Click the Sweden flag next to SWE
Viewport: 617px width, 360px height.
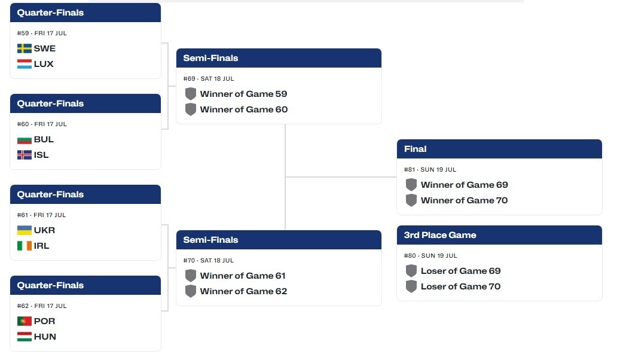click(x=25, y=48)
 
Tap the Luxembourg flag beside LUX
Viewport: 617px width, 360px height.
click(x=25, y=64)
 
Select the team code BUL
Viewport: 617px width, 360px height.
click(x=44, y=139)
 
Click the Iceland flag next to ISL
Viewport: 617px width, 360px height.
click(x=25, y=155)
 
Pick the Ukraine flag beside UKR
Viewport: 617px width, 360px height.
click(x=25, y=230)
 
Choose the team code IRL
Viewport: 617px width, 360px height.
click(x=41, y=246)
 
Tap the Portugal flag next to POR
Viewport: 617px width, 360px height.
click(x=25, y=321)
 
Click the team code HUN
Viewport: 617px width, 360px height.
click(x=45, y=337)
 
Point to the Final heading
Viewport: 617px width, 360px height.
click(x=415, y=149)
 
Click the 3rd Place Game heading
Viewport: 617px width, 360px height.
click(x=440, y=235)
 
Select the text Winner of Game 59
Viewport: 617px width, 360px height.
click(x=243, y=94)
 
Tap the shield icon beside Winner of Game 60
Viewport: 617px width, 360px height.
click(x=191, y=109)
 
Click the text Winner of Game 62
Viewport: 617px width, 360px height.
click(x=243, y=292)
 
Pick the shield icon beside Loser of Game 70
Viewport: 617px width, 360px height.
click(x=411, y=286)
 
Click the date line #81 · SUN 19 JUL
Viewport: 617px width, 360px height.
click(x=430, y=170)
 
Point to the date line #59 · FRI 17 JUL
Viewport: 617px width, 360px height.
click(x=42, y=33)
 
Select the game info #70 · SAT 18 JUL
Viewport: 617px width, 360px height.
click(x=209, y=261)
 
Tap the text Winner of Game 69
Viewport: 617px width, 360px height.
click(x=465, y=185)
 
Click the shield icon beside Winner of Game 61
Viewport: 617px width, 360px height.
click(x=191, y=276)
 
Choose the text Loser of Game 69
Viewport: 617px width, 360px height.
click(x=461, y=271)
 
